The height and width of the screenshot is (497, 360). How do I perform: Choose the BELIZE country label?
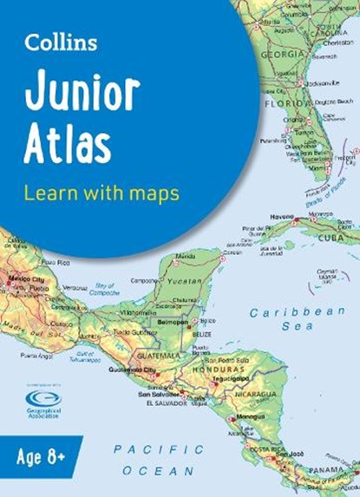[201, 332]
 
